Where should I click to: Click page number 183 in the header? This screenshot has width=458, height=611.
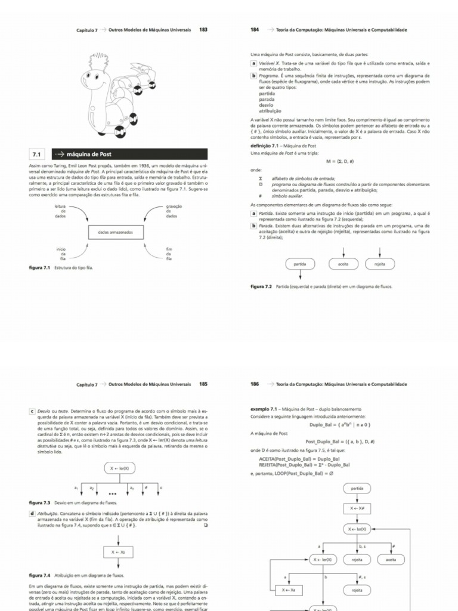point(203,29)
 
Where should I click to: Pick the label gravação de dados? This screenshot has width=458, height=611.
point(174,211)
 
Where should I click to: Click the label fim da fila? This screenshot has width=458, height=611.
point(169,254)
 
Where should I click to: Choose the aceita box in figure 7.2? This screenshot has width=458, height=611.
point(343,264)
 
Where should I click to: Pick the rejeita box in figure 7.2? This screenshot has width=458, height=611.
point(380,264)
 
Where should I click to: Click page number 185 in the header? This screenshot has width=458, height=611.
point(203,385)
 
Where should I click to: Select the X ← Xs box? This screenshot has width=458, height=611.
point(118,553)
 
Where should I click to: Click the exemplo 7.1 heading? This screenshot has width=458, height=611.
point(265,409)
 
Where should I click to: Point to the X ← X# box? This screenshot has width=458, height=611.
point(357,508)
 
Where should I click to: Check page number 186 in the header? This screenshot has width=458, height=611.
point(255,385)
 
